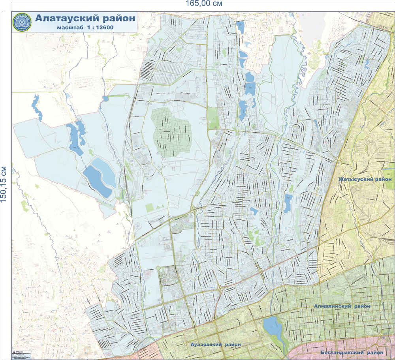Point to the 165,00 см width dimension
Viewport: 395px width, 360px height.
[x=204, y=4]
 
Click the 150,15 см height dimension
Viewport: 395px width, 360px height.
[x=4, y=183]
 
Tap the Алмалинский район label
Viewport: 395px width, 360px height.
[x=342, y=306]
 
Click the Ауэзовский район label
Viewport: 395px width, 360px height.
[x=215, y=344]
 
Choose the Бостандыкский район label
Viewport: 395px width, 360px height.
[x=352, y=352]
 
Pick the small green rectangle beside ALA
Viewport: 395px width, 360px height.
[x=149, y=208]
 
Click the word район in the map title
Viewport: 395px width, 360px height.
[x=118, y=18]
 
